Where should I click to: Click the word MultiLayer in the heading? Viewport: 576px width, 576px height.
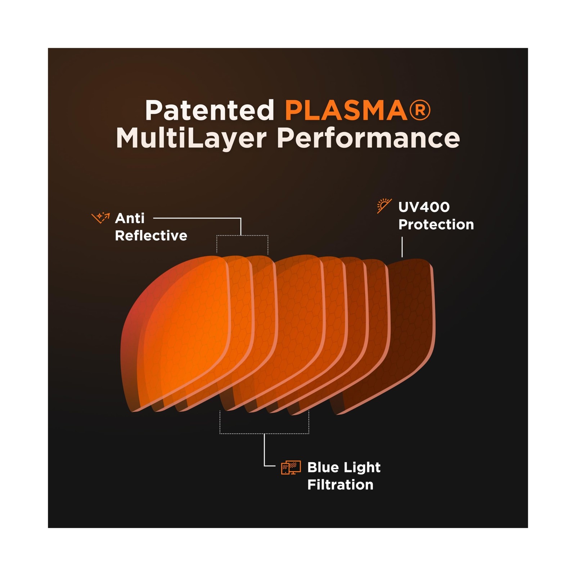pos(191,138)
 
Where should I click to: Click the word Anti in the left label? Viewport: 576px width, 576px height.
pos(130,218)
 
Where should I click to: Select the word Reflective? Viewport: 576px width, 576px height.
pos(151,236)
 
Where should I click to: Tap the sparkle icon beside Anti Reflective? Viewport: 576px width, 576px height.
pos(100,217)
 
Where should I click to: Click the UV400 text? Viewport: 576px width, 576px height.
pos(424,207)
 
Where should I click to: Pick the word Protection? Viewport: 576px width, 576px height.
pos(436,225)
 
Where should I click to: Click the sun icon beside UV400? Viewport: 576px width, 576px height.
pos(384,206)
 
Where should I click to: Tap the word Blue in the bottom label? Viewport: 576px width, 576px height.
pos(323,467)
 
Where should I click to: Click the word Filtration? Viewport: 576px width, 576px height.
pos(340,485)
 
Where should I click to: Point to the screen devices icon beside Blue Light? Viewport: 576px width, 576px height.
pos(291,468)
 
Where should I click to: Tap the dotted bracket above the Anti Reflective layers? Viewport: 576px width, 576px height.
pos(242,236)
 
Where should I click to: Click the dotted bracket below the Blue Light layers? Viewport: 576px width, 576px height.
pos(264,433)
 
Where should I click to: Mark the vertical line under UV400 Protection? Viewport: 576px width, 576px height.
pos(402,247)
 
